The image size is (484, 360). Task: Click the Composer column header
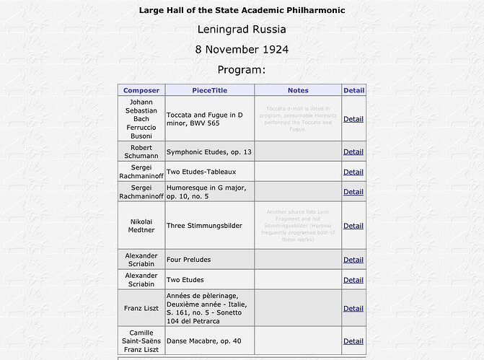[x=141, y=90]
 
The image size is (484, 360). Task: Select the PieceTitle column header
[x=209, y=90]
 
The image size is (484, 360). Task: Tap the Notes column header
[x=298, y=90]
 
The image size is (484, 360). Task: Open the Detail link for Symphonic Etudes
[x=353, y=152]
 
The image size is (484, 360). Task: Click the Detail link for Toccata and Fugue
[x=353, y=119]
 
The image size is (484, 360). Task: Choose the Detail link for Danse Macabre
[x=353, y=341]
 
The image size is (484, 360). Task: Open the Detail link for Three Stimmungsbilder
[x=353, y=226]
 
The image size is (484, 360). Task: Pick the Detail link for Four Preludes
[x=353, y=260]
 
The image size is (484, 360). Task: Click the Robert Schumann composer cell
[x=141, y=152]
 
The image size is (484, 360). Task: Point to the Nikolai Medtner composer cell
[x=141, y=226]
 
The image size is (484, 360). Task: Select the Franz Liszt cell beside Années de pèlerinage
[x=141, y=308]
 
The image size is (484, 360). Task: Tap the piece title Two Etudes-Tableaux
[x=201, y=172]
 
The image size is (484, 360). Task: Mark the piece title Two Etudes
[x=185, y=280]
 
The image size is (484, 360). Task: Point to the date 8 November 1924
[x=242, y=50]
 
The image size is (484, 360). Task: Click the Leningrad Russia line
[x=242, y=30]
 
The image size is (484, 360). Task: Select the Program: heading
[x=242, y=70]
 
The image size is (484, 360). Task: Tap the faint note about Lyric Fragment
[x=298, y=226]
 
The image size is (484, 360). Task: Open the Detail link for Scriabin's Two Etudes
[x=353, y=280]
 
